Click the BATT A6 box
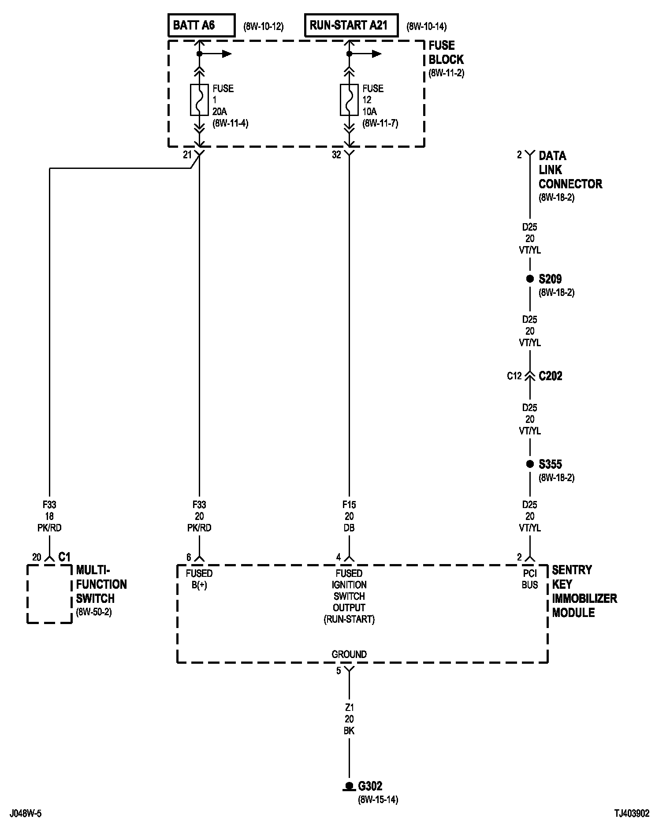(201, 26)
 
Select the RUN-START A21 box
(351, 26)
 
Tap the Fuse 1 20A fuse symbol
(199, 100)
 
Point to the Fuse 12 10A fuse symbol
(349, 100)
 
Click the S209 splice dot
(530, 279)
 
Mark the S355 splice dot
(530, 464)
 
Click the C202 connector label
(550, 376)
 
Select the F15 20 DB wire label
(349, 516)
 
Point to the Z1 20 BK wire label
(349, 719)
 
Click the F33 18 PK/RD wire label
(49, 516)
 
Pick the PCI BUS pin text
(530, 579)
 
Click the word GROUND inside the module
(349, 654)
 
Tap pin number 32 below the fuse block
(336, 155)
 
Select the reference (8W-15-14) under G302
(378, 800)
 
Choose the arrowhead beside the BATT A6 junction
(227, 54)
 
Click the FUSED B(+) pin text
(199, 579)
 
